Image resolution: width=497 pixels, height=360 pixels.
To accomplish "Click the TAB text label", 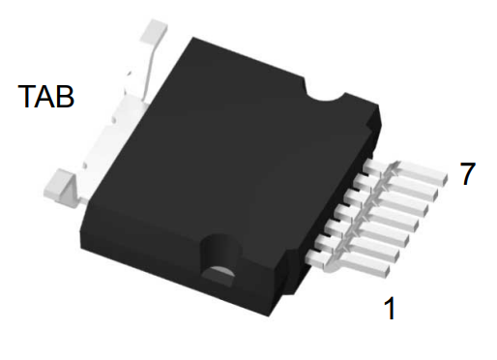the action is coord(46,96).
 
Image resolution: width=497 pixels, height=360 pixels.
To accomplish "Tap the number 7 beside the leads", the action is coord(467,173).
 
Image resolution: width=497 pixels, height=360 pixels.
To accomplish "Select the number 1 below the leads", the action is coord(390,309).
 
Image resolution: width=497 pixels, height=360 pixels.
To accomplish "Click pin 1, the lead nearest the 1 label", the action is coord(348,264).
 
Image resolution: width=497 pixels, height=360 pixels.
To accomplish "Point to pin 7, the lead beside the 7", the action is coord(405,171).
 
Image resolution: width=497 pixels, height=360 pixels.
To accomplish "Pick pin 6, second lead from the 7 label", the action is coord(395,187).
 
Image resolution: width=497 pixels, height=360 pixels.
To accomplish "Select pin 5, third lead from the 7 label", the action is coord(386,202).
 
